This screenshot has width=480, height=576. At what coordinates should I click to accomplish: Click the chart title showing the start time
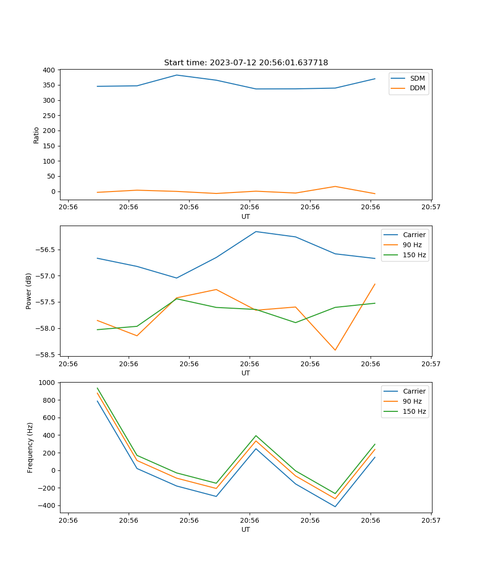click(246, 63)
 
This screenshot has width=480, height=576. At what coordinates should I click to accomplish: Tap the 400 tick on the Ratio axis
click(49, 70)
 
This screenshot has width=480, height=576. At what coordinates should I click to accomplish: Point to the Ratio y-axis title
click(36, 135)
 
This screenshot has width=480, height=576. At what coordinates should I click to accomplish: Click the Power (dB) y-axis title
click(29, 291)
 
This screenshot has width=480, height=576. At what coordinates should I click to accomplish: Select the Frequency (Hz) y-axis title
click(30, 447)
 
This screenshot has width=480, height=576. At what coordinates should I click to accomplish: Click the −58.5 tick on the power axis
click(46, 355)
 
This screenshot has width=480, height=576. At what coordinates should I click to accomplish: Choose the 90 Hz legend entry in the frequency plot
click(412, 401)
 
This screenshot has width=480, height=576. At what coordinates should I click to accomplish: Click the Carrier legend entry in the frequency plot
click(414, 391)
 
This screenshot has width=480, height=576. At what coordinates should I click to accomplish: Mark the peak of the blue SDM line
click(177, 75)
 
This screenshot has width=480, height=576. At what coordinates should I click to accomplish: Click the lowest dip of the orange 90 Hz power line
click(335, 350)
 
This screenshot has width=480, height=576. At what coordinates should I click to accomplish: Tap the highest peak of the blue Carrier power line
click(256, 231)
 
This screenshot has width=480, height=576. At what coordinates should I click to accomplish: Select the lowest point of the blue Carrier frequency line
click(335, 506)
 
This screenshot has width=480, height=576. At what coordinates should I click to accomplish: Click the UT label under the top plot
click(246, 216)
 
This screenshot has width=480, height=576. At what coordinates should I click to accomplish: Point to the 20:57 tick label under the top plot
click(431, 207)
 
